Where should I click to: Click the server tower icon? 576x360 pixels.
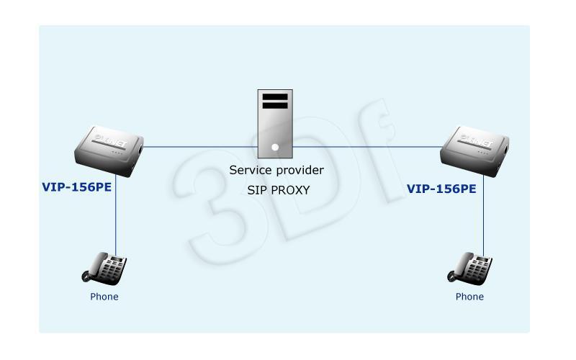(x=275, y=124)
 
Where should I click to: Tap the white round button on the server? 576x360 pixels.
(x=275, y=148)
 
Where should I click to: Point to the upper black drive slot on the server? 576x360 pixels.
(x=275, y=97)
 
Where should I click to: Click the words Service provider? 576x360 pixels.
(x=276, y=170)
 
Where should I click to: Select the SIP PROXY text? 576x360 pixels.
(x=279, y=190)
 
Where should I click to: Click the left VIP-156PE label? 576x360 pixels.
(x=77, y=187)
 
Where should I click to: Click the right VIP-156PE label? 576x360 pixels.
(x=441, y=189)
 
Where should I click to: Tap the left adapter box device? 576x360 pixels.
(x=109, y=151)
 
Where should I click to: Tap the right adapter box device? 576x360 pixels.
(x=474, y=151)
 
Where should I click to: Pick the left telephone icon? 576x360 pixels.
(x=104, y=269)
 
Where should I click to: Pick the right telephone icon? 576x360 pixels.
(x=469, y=269)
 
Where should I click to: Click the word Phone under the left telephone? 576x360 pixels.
(x=104, y=297)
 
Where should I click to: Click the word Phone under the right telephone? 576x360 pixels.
(x=469, y=297)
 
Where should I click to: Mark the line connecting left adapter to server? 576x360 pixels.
(x=201, y=147)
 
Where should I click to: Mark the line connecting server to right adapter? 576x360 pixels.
(x=368, y=147)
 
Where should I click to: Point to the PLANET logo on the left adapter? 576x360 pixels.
(x=110, y=140)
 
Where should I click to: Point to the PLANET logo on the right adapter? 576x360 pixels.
(x=476, y=140)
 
